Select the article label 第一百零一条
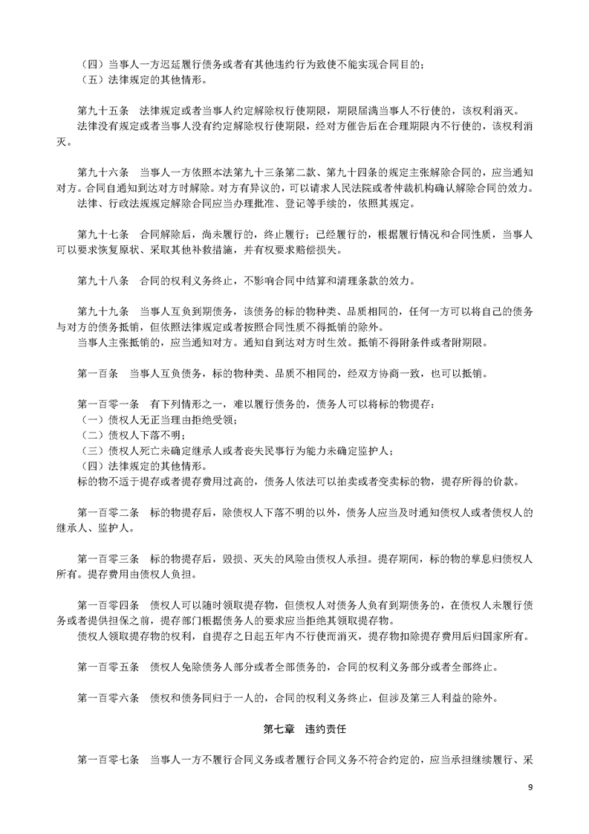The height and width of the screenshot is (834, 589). [108, 404]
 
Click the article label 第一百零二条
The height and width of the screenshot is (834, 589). [108, 513]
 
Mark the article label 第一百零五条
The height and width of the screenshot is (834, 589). [108, 667]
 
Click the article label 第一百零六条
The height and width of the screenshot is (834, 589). [108, 698]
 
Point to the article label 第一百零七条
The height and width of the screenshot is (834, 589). [108, 760]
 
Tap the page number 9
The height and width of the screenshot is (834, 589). [530, 787]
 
